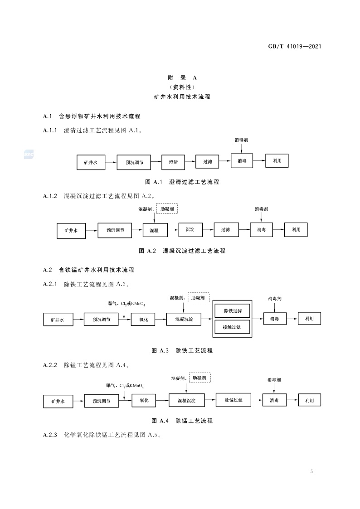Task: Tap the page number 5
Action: (311, 471)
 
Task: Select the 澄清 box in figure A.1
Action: (173, 161)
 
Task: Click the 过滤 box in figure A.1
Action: (208, 161)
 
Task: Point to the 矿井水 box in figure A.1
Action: (90, 162)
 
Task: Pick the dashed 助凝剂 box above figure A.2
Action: (167, 209)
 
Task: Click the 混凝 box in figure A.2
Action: (154, 230)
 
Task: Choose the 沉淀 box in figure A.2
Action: (190, 230)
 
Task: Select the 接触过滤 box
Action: (233, 327)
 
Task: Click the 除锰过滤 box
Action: (233, 400)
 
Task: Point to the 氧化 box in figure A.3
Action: (143, 319)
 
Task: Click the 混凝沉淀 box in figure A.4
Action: (186, 401)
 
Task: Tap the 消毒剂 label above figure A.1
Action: (241, 141)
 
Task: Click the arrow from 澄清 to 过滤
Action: (190, 161)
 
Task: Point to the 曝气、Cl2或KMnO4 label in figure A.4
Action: (126, 386)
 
